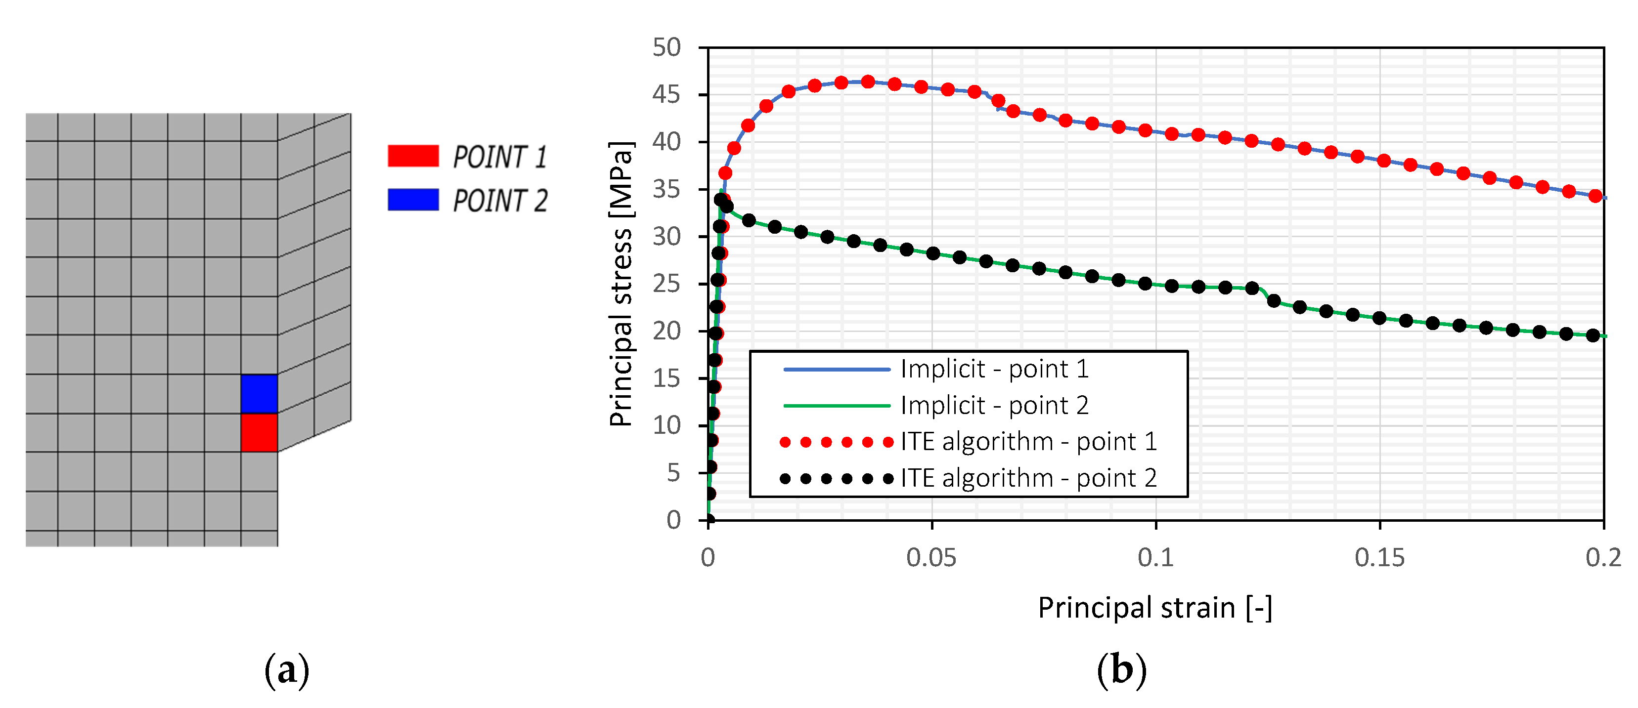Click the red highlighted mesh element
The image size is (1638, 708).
coord(259,433)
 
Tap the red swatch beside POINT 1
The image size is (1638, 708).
coord(413,156)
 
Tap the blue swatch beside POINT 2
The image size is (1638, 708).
coord(413,200)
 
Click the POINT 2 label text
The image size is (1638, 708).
coord(500,201)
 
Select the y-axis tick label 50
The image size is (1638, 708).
coord(666,47)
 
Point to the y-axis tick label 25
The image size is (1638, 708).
coord(666,284)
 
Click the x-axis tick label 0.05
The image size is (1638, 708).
coord(931,558)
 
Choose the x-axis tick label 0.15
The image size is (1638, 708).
coord(1379,558)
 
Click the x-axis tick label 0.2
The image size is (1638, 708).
coord(1603,558)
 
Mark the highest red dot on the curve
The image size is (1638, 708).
coord(867,82)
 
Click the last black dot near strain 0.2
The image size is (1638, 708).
coord(1593,335)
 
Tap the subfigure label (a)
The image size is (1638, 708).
coord(287,670)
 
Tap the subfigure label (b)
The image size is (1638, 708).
coord(1122,670)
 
